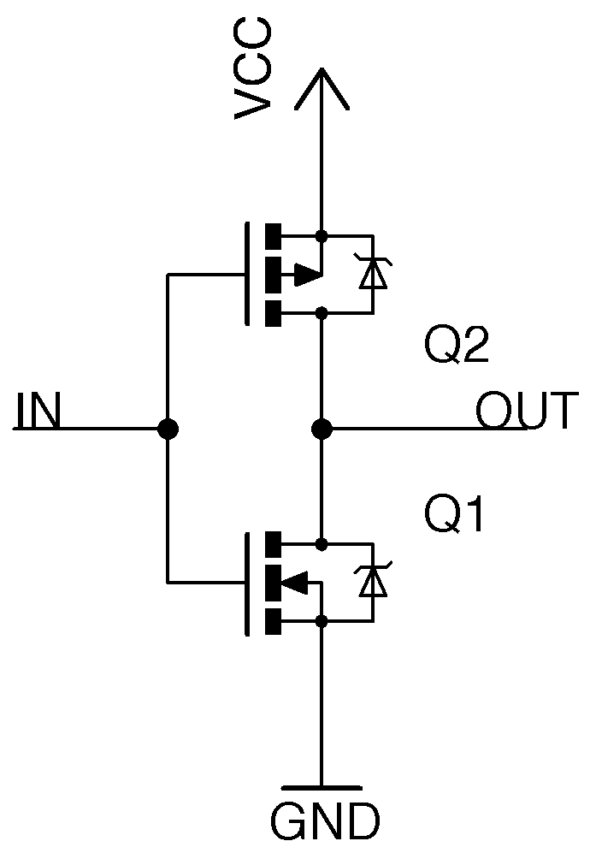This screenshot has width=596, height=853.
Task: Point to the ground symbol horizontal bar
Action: pos(322,786)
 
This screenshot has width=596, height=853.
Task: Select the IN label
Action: pos(38,412)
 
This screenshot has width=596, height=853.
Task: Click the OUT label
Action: pos(527,412)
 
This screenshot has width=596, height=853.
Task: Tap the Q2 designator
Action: pos(457,347)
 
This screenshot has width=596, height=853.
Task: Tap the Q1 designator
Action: pos(455,517)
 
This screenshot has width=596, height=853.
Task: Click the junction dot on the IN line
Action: pos(168,429)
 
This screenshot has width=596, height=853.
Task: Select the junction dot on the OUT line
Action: pos(322,429)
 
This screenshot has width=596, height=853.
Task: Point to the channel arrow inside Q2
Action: pos(306,275)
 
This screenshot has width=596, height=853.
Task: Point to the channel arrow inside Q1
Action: pos(295,583)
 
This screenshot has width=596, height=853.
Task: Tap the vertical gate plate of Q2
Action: pos(247,275)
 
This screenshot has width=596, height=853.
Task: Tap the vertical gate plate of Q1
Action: pos(247,583)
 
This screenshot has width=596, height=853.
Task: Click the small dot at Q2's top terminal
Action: pos(322,235)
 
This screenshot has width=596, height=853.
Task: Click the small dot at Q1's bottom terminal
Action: pos(322,621)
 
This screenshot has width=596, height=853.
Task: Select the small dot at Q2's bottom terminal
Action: pos(322,313)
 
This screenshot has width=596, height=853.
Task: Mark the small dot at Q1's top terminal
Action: pos(322,543)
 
